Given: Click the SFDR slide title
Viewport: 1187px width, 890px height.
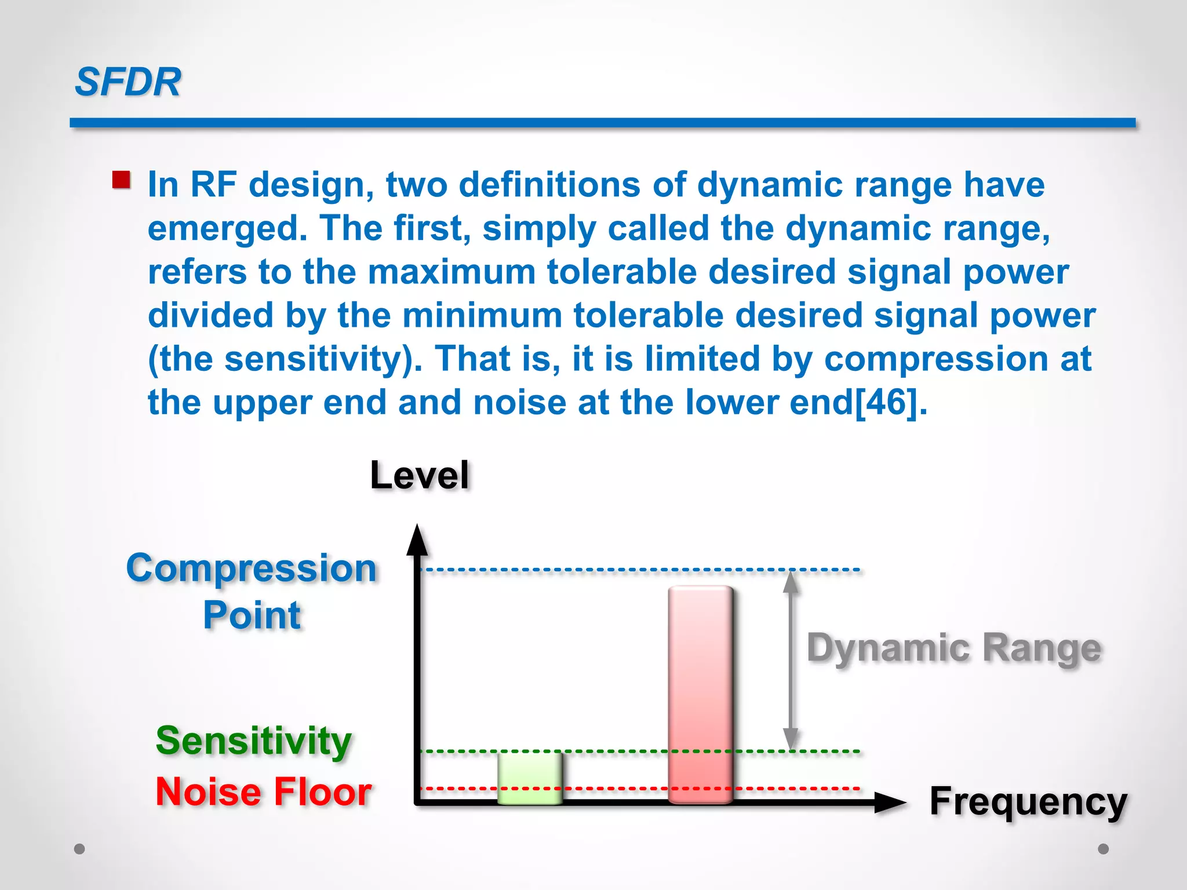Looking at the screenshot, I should [128, 82].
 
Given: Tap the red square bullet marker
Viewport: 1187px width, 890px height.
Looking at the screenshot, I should [121, 180].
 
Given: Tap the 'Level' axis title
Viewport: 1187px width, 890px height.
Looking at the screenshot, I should [420, 476].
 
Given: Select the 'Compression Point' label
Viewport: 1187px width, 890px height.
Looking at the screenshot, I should [252, 591].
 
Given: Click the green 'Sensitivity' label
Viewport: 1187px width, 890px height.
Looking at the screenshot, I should [254, 741].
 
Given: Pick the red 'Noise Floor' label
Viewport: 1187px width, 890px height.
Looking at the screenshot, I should [264, 792].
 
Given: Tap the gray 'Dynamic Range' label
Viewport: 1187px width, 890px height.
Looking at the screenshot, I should [953, 648].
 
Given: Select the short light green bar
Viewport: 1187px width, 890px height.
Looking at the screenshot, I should [530, 778].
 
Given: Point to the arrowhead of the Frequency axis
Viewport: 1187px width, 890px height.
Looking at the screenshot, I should [890, 803].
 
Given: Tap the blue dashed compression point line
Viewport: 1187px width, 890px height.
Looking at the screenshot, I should [638, 570].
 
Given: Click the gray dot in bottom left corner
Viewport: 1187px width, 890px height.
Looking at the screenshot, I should [80, 849].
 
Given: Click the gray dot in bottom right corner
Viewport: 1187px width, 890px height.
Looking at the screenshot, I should [1104, 849].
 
